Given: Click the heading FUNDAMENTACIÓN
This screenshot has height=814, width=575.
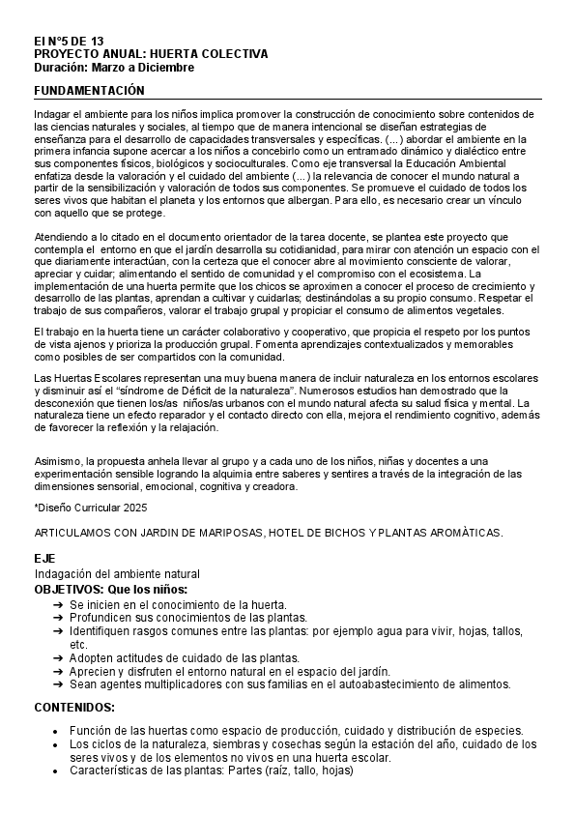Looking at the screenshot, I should point(89,90).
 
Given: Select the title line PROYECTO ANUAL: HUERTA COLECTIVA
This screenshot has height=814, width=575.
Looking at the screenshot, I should point(151,55).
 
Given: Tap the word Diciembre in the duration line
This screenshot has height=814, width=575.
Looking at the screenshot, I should point(166,68).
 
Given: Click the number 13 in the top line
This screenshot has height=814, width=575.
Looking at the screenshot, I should point(96,42).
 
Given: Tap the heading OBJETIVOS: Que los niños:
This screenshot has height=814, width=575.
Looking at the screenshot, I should point(110,589).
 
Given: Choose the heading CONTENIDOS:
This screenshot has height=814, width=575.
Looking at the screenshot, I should point(74,707).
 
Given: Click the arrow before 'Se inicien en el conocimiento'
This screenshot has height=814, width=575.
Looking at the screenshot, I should point(58,603).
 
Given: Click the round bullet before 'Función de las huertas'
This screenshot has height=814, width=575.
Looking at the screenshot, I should point(58,731).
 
